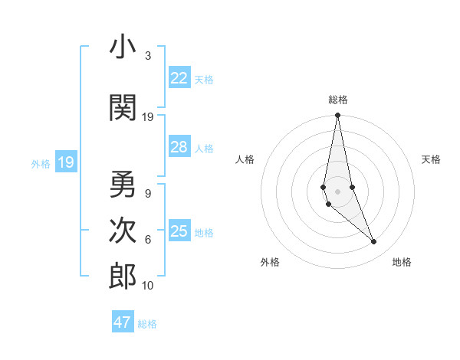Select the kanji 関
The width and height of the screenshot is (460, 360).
(x=123, y=109)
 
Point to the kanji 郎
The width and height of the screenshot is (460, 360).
(x=123, y=277)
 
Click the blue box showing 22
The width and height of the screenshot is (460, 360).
(x=179, y=78)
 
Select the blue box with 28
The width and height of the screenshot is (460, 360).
(x=179, y=147)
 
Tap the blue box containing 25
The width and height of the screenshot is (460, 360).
(x=179, y=231)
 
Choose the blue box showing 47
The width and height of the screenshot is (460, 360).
(x=123, y=322)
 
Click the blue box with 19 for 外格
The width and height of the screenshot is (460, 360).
(x=65, y=162)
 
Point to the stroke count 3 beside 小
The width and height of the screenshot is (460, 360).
(x=148, y=56)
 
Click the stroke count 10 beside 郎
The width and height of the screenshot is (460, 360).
(x=148, y=286)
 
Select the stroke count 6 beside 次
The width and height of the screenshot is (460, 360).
(x=148, y=240)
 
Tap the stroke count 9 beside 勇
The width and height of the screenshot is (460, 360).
(x=148, y=194)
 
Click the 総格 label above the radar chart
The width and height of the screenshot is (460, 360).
(x=338, y=100)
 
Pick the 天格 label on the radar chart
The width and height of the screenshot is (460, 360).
(x=432, y=159)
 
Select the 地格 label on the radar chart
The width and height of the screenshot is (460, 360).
(x=402, y=262)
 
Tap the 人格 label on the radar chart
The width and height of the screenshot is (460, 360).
(x=245, y=159)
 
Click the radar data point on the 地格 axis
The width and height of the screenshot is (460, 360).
(x=374, y=242)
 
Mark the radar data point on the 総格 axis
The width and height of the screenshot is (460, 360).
(x=338, y=116)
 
